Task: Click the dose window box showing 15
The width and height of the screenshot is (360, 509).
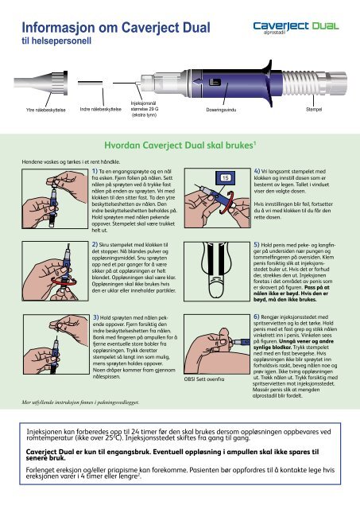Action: tap(226, 177)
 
